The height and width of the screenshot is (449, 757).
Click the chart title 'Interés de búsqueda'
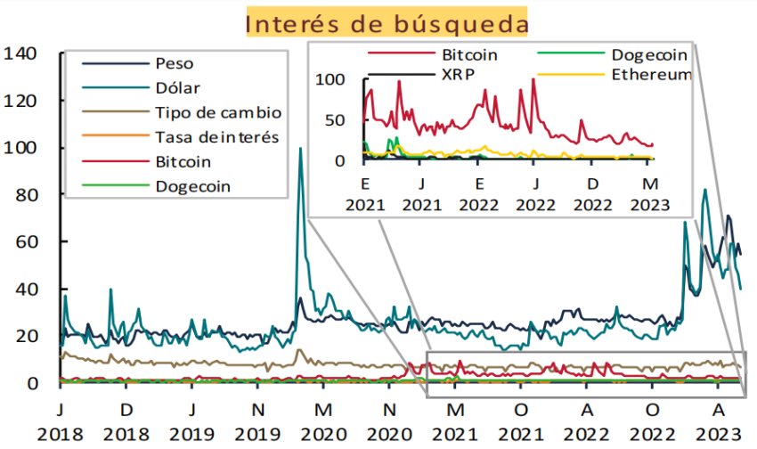tap(386, 22)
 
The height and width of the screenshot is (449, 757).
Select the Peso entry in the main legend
tap(174, 64)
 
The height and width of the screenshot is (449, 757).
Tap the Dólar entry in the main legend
tap(177, 88)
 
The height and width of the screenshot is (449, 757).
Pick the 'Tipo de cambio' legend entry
tap(217, 112)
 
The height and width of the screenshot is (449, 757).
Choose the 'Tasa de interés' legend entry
tap(216, 137)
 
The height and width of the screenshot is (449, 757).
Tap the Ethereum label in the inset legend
tap(651, 75)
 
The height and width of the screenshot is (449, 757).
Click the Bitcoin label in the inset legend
tap(469, 54)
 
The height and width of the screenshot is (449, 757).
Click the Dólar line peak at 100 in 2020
tap(300, 149)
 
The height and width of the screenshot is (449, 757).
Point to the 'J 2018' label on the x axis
tap(60, 422)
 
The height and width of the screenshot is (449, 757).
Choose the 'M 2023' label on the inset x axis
tap(650, 194)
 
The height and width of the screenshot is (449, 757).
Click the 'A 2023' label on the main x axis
tap(719, 422)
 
